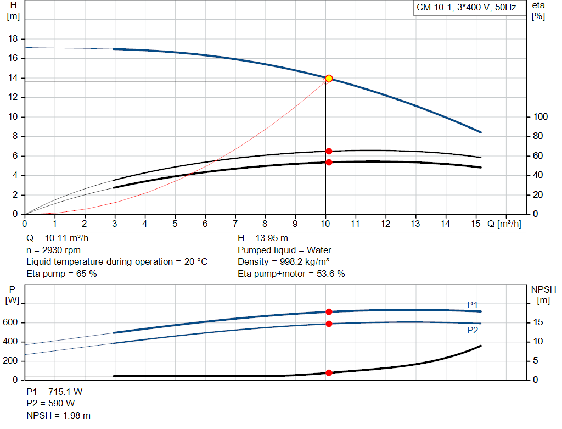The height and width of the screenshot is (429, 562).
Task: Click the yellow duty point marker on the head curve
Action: coord(329,79)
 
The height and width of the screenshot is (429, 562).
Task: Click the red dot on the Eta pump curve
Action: coord(329,151)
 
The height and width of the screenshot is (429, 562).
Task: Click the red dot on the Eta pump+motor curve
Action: coord(329,162)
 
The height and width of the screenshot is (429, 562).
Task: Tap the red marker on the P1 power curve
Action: coord(329,312)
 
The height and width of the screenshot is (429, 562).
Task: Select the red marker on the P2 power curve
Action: coord(329,324)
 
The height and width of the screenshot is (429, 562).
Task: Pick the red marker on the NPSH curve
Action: coord(329,373)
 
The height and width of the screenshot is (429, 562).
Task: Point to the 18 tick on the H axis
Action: coord(14,39)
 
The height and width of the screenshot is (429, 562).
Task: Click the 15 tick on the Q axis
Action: coord(476,224)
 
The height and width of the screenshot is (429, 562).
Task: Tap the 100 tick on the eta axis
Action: coord(541,117)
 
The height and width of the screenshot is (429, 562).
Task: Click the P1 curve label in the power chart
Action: coord(473,304)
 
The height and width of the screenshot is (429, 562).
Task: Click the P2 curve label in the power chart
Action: coord(473,330)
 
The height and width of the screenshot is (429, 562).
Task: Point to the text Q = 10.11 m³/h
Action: coord(58,238)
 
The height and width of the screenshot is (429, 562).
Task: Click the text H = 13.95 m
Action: coord(262,238)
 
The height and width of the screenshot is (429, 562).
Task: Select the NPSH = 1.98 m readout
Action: coord(58,415)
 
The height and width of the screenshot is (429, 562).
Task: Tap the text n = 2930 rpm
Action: coord(53,250)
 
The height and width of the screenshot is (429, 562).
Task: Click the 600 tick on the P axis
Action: coord(12,322)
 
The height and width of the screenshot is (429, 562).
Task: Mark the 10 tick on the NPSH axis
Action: coord(538,342)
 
